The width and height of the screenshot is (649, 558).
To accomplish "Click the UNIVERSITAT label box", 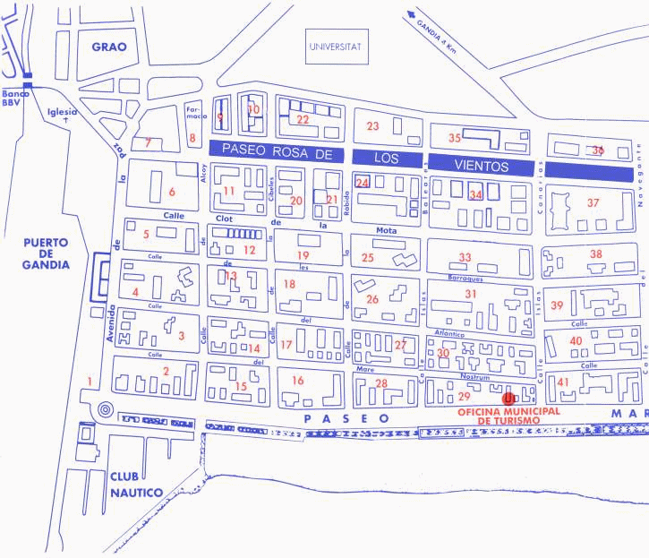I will [x=334, y=47].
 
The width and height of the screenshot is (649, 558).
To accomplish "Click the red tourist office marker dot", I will [x=508, y=399].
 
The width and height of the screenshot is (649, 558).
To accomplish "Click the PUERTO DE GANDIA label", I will [x=48, y=255].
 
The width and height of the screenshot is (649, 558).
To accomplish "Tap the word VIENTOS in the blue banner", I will [x=482, y=167].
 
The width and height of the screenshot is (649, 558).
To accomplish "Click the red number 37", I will [x=593, y=202].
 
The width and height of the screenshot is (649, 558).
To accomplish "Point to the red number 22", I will [x=303, y=119].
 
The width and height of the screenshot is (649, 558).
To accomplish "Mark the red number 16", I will [x=297, y=381].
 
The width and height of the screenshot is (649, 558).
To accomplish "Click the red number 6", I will [x=171, y=192].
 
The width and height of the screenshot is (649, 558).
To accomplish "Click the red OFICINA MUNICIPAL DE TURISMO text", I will [x=508, y=415].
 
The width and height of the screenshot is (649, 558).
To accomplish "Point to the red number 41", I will [x=563, y=382].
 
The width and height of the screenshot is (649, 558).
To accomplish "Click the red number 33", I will [x=465, y=257].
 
